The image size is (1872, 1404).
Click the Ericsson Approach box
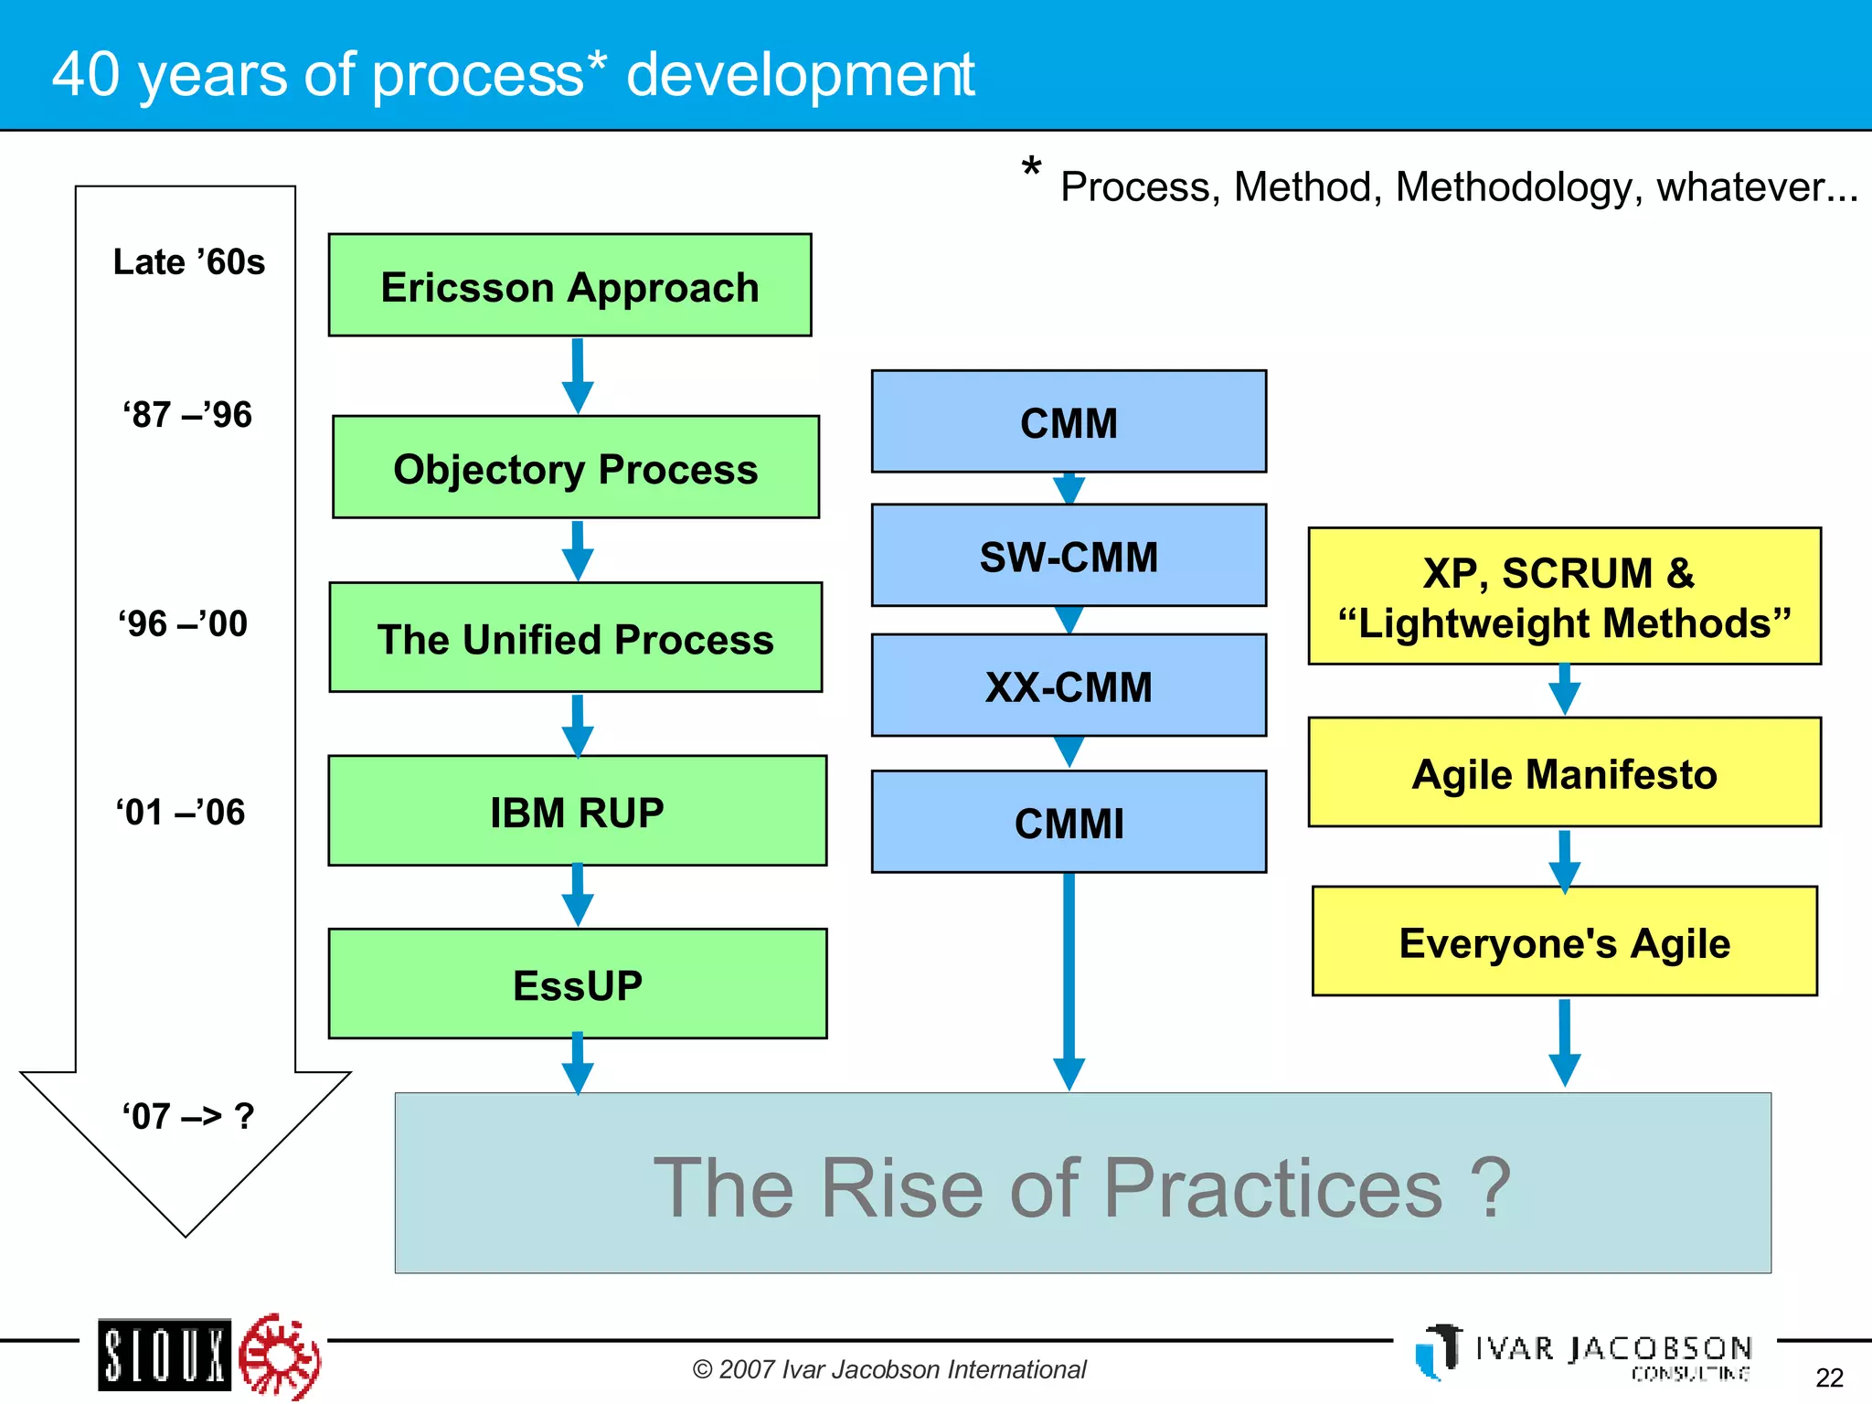(569, 285)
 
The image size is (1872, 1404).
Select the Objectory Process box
(576, 467)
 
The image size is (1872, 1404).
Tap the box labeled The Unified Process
(576, 637)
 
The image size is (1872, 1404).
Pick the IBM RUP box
(577, 811)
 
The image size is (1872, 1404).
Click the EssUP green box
(577, 984)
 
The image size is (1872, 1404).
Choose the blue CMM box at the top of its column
(1069, 421)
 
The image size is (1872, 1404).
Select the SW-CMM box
(1069, 555)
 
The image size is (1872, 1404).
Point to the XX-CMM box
(1069, 686)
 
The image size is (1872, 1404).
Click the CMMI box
(1069, 822)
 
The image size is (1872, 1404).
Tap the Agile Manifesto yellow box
(1564, 772)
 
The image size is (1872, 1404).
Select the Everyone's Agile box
(1564, 941)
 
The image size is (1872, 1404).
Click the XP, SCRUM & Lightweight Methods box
(1564, 596)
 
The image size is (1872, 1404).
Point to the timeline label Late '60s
(188, 262)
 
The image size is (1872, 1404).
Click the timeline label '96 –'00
(183, 623)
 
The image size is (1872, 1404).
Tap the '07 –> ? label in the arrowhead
(188, 1116)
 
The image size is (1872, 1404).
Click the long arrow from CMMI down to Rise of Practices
(1069, 978)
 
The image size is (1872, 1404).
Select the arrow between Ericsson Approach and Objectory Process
(578, 375)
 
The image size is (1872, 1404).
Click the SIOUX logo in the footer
(165, 1355)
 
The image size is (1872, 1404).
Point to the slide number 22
(1829, 1377)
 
